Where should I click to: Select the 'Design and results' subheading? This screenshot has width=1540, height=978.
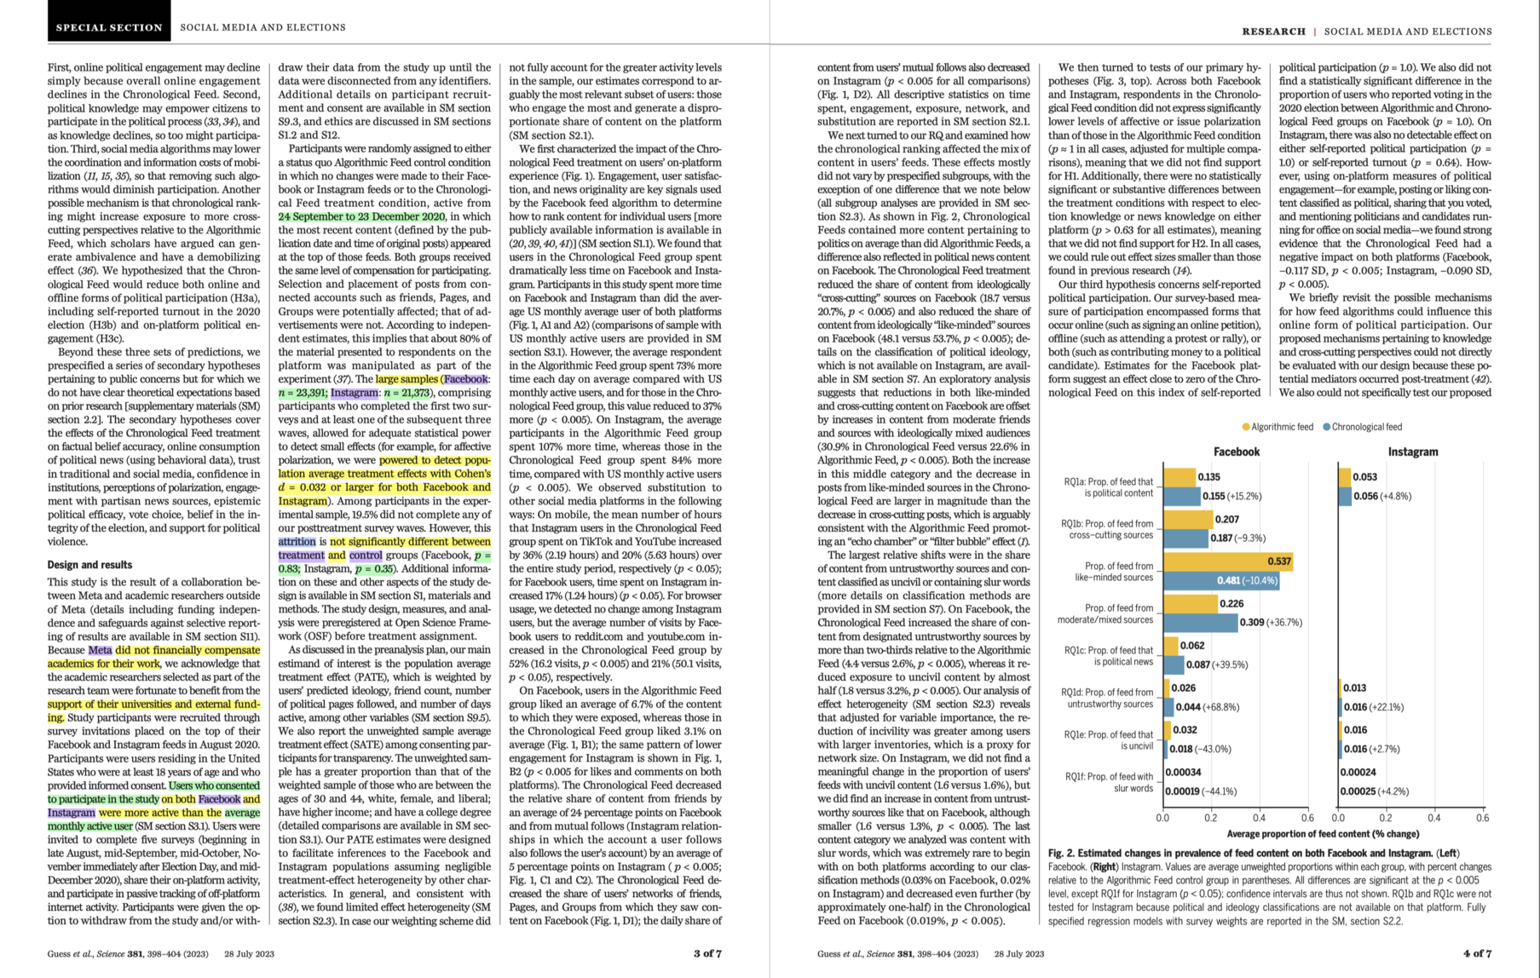[89, 565]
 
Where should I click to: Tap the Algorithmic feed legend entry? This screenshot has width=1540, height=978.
[1278, 427]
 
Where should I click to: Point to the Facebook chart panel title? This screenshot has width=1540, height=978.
[1236, 452]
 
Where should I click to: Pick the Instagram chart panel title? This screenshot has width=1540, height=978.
[1412, 452]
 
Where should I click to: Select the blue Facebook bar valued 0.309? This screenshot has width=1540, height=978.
[1200, 623]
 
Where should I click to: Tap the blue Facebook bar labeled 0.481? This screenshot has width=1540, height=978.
[1220, 580]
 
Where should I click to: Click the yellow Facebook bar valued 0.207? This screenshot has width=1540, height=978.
[1187, 519]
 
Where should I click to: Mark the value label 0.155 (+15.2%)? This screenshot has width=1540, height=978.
[1231, 496]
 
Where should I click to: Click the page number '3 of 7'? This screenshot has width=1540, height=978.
[707, 953]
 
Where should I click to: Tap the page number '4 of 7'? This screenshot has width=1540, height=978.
[1477, 953]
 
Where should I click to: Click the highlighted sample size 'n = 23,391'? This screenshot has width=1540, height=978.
[302, 393]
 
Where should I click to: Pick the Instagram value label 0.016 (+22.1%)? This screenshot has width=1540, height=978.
[1373, 707]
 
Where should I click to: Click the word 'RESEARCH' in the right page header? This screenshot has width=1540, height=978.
[1273, 32]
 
